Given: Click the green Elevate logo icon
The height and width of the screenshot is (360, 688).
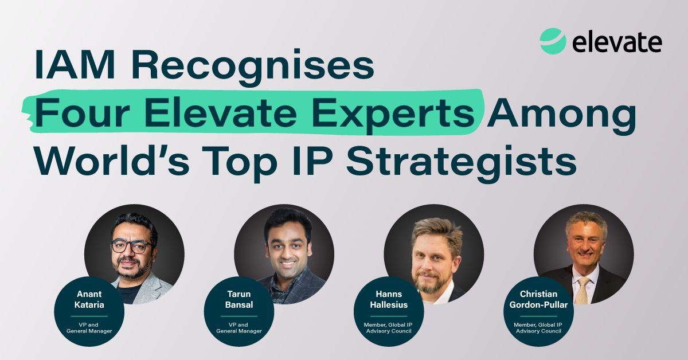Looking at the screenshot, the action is point(553,41).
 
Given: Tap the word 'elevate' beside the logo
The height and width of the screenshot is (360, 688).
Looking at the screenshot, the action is point(617,42).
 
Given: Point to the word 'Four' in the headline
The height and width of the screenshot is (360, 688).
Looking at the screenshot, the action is point(83,113).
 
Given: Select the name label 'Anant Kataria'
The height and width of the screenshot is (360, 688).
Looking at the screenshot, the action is point(89,299).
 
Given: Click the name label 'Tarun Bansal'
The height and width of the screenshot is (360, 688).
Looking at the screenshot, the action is point(239,299).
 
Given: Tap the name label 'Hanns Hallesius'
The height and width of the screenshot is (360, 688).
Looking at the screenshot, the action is point(389,299).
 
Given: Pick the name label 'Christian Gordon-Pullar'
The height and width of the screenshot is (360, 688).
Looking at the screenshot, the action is point(538,299).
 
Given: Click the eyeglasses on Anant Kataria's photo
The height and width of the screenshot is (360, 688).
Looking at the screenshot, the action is point(131,246).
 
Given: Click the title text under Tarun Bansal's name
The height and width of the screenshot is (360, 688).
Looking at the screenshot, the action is point(239,328).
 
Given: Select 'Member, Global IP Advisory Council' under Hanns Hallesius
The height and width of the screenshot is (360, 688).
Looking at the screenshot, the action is point(389,328).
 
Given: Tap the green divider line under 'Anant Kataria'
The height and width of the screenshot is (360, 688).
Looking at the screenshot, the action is point(89,316).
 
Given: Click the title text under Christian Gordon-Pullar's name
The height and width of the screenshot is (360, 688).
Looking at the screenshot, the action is point(538,328).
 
